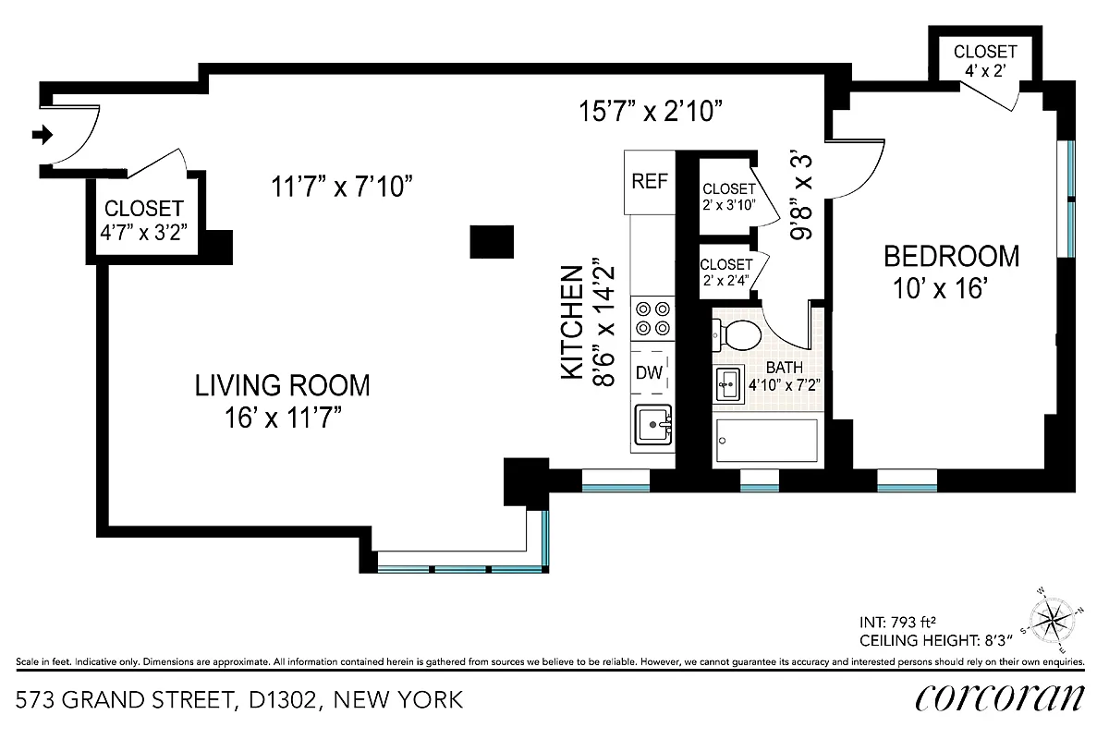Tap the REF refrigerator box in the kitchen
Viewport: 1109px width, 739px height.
tap(649, 181)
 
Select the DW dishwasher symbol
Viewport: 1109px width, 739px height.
tap(649, 373)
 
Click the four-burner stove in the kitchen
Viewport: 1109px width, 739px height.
tap(651, 319)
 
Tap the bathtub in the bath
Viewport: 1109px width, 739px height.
tap(766, 441)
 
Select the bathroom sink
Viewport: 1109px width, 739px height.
tap(726, 382)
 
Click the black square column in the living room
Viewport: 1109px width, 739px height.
tap(492, 241)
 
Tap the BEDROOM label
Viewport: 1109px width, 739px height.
tap(952, 256)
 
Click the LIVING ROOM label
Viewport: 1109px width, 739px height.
tap(282, 384)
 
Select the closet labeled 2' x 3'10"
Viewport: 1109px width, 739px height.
tap(727, 197)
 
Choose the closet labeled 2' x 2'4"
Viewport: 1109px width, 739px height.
tap(727, 273)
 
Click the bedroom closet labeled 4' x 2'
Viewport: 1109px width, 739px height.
tap(985, 59)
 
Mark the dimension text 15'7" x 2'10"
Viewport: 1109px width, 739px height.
tap(650, 112)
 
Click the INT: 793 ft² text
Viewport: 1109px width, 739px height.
tap(905, 621)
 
